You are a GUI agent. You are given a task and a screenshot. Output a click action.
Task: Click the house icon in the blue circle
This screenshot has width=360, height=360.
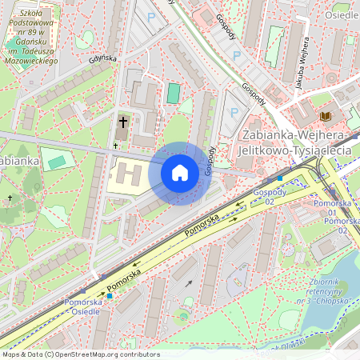180,173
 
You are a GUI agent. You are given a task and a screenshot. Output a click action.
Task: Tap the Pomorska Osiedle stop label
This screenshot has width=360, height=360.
83,306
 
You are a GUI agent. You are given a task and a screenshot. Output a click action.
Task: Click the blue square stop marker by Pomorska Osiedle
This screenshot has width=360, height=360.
110,296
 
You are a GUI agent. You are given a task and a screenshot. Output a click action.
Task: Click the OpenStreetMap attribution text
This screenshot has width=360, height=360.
80,354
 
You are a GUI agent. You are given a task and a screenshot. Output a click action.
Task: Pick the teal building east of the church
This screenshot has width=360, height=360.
173,94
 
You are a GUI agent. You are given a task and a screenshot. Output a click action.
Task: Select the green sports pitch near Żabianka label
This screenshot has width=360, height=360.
57,162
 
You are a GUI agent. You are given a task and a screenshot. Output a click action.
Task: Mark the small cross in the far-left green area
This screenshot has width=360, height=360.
10,198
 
